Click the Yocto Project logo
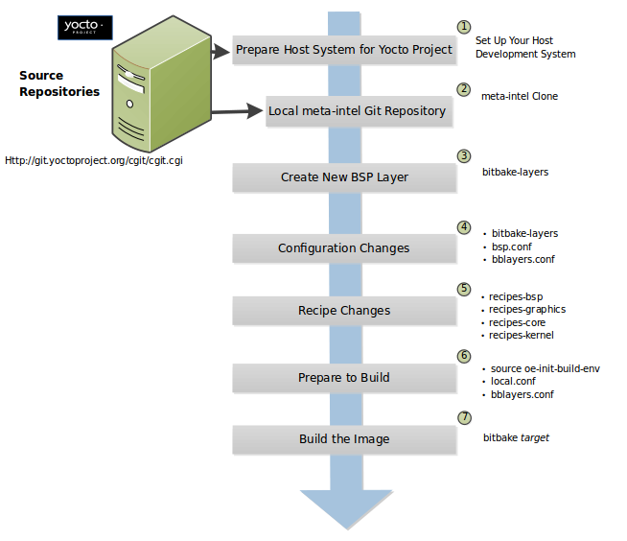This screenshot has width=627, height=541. click(86, 27)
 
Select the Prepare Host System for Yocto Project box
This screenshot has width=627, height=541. click(344, 50)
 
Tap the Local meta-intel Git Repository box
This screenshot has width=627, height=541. click(357, 111)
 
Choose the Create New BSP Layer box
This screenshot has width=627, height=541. click(344, 177)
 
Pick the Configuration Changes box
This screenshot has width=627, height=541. click(344, 248)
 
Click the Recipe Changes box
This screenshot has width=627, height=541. click(344, 311)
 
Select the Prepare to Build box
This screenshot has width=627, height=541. click(344, 377)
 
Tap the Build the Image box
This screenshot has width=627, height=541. click(344, 439)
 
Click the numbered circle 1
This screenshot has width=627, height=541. click(464, 27)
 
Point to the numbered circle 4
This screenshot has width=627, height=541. click(464, 227)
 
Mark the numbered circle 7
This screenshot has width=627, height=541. click(464, 418)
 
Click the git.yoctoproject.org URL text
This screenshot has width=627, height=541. click(94, 160)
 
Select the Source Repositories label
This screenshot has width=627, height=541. click(59, 83)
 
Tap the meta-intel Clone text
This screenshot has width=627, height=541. click(519, 97)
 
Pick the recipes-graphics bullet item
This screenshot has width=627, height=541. click(527, 310)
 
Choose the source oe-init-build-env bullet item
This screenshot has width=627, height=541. click(545, 368)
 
